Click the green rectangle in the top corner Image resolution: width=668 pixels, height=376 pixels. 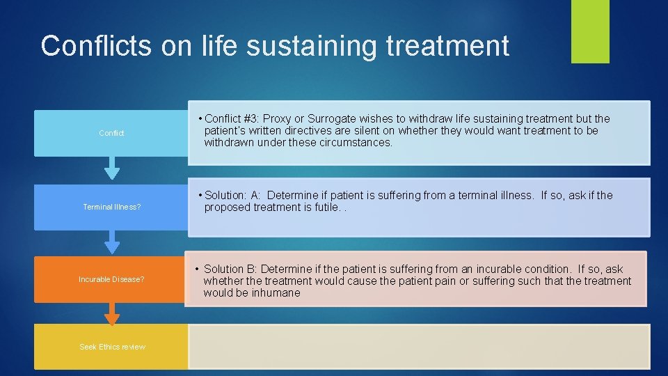[590, 31]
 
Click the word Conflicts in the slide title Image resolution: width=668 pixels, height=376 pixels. [95, 46]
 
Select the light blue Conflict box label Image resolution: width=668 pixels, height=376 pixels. [111, 133]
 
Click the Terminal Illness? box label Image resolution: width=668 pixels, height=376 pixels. [111, 207]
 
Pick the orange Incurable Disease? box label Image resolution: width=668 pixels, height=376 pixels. [111, 279]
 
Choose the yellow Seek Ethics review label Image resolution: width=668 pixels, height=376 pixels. [112, 347]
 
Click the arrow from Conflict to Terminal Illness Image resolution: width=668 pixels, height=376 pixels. [111, 169]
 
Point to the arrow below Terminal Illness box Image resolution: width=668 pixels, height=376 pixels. [111, 242]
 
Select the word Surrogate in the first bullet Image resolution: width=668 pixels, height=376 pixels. [331, 119]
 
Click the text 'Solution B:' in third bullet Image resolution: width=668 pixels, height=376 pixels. [231, 269]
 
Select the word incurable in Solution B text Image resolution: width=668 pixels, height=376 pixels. [503, 269]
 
